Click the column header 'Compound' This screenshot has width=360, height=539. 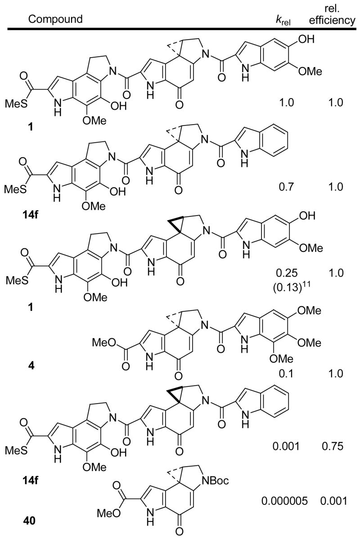pyautogui.click(x=56, y=19)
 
